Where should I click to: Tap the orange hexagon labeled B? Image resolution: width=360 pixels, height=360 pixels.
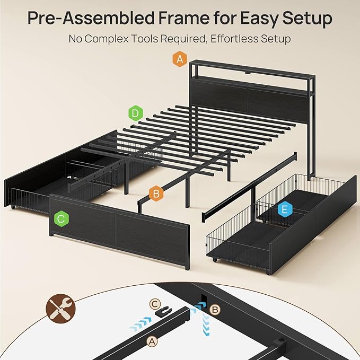(x=155, y=194)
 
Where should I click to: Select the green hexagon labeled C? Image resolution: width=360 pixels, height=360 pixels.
(x=60, y=218)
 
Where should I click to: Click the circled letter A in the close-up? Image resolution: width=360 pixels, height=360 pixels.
(x=152, y=342)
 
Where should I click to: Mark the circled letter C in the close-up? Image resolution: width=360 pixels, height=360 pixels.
(x=153, y=304)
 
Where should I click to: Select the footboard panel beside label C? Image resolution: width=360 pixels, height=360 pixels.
(x=119, y=231)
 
